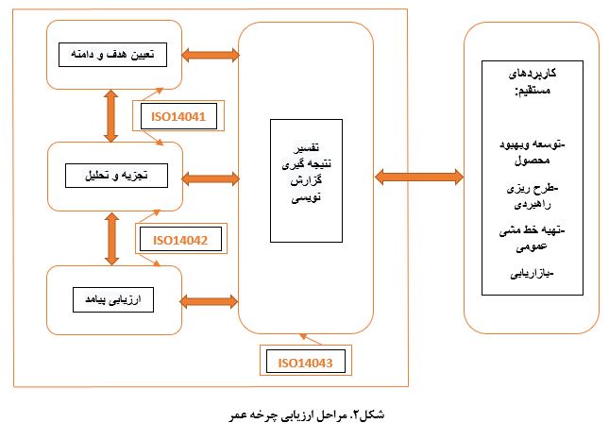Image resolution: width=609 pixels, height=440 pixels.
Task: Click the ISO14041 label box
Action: coord(178,116)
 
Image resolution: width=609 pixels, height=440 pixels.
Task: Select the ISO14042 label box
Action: coord(180,240)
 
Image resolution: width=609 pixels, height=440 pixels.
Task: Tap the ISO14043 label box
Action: coord(306,362)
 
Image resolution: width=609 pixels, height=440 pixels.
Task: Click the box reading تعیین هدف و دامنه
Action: coord(112,55)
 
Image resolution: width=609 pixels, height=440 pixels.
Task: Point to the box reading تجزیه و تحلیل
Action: coord(116,176)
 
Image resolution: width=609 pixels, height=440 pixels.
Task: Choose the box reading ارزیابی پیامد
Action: coord(113,299)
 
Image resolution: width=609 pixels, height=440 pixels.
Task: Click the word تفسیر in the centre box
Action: coord(306,147)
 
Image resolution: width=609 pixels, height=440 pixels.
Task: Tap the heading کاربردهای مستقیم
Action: coord(533,81)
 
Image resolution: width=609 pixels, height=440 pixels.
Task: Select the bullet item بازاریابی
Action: coord(532,274)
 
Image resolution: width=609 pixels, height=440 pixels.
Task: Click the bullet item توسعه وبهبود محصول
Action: coord(533,152)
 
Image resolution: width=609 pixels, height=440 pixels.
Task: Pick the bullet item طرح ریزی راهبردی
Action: coord(533,196)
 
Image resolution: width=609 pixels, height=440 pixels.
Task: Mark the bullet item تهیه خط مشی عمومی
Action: coord(533,238)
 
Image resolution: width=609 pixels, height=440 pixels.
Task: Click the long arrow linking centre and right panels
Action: coord(419,178)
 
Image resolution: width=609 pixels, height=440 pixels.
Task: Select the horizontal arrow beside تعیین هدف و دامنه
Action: coord(211,55)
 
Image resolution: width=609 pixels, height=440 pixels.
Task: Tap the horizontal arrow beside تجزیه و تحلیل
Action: coord(211,178)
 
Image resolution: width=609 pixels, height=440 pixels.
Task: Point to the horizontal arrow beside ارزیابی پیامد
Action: coord(209,301)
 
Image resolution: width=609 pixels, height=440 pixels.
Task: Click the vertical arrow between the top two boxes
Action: coord(111,116)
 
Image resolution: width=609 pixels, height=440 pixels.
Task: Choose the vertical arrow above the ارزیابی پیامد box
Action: coord(111,239)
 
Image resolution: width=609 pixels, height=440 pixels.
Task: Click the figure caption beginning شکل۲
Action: coord(307,415)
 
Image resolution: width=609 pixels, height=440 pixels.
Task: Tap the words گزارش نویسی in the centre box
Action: coord(306,189)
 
